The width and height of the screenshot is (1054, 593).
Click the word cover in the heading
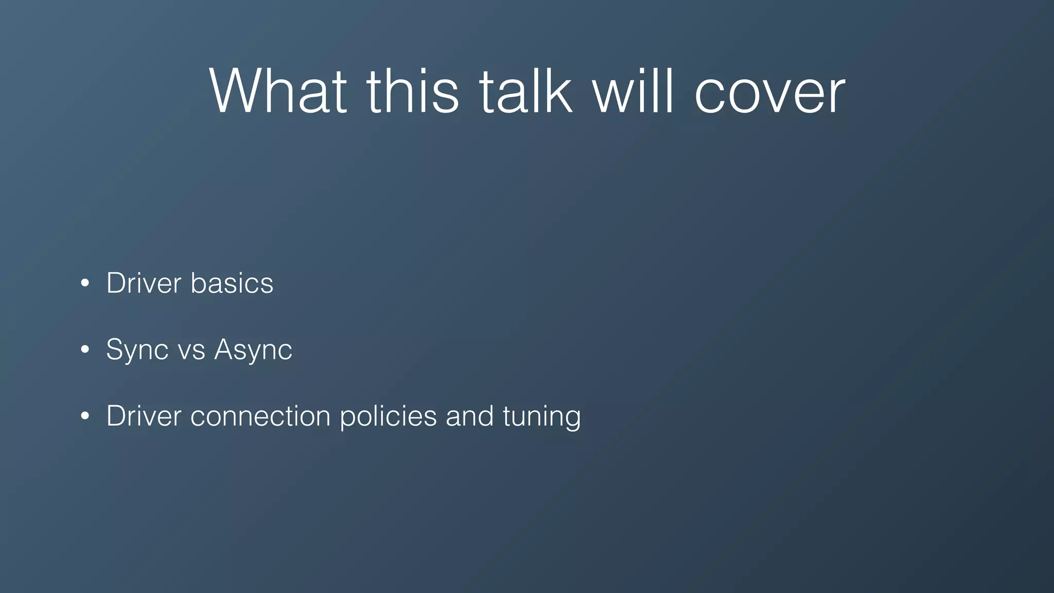769,93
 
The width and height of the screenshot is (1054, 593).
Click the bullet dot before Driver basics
85,284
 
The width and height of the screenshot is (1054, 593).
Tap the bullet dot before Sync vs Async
85,350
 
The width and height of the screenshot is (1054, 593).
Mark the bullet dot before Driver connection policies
85,416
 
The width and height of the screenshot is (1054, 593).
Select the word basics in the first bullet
232,283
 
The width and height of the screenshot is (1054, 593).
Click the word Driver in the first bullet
144,283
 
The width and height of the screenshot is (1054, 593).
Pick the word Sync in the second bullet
137,351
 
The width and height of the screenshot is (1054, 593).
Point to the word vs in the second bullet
191,351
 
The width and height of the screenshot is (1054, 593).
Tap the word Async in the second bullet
253,351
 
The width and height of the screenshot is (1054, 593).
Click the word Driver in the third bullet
144,416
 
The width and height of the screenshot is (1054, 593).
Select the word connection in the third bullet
260,416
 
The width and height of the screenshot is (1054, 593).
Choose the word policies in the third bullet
388,416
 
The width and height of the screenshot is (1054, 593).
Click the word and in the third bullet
469,416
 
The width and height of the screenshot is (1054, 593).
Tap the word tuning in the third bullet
541,417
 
